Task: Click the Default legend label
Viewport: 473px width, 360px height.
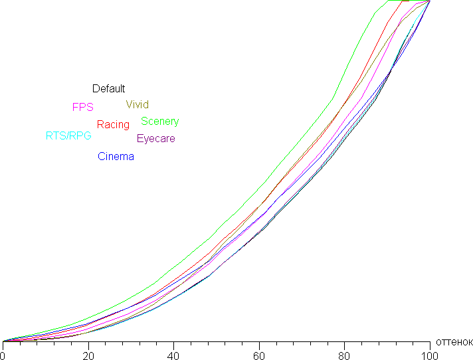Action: tap(108, 89)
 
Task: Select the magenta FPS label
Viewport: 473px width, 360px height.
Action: tap(82, 107)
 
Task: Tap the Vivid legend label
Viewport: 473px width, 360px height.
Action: tap(137, 105)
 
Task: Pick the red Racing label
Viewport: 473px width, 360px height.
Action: tap(113, 125)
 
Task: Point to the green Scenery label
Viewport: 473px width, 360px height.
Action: tap(159, 122)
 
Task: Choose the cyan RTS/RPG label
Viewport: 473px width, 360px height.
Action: tap(68, 136)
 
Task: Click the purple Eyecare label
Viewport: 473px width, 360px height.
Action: tap(155, 139)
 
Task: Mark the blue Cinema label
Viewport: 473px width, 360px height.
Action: tap(116, 157)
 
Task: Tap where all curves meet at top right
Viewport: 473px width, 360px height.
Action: tap(430, 1)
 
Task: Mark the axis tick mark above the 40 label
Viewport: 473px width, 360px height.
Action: tap(173, 343)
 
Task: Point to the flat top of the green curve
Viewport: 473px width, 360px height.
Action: tap(402, 1)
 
